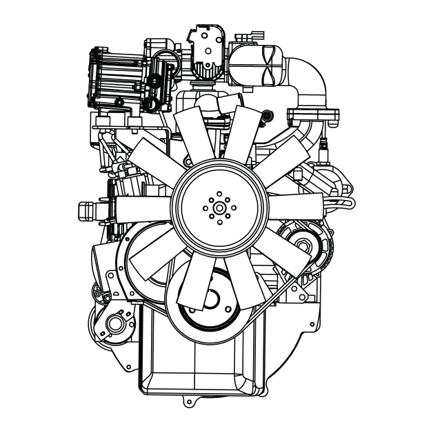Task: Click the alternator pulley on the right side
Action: click(302, 241)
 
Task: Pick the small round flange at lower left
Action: click(114, 322)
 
